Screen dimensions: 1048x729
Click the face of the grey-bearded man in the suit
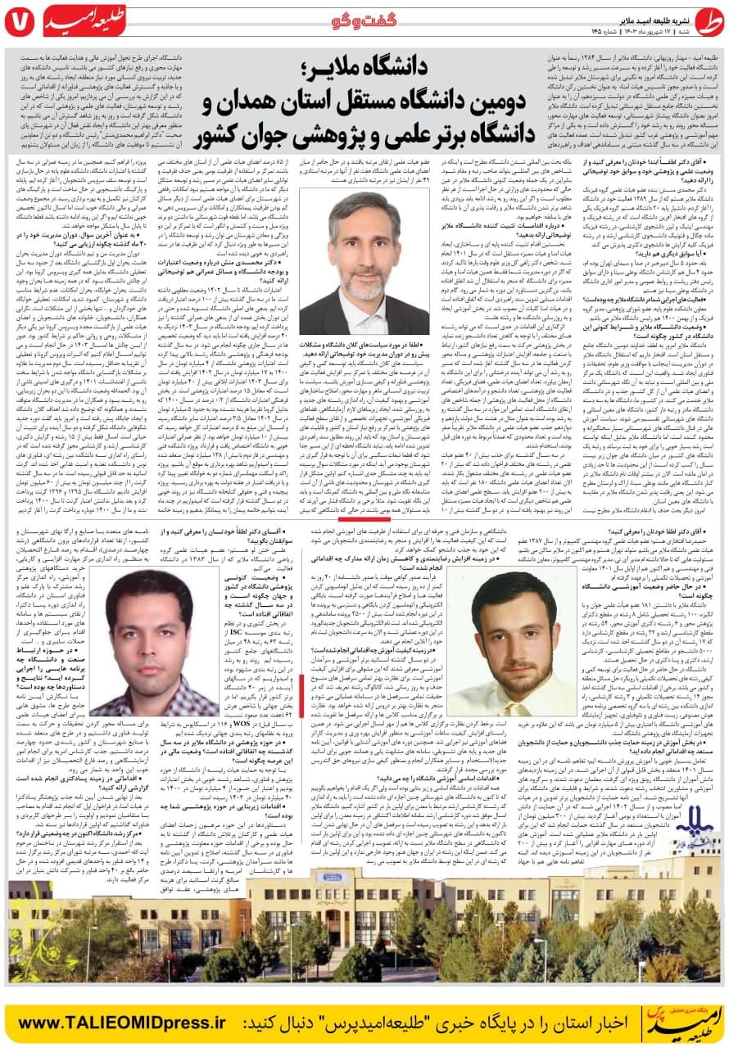[x=365, y=233]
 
